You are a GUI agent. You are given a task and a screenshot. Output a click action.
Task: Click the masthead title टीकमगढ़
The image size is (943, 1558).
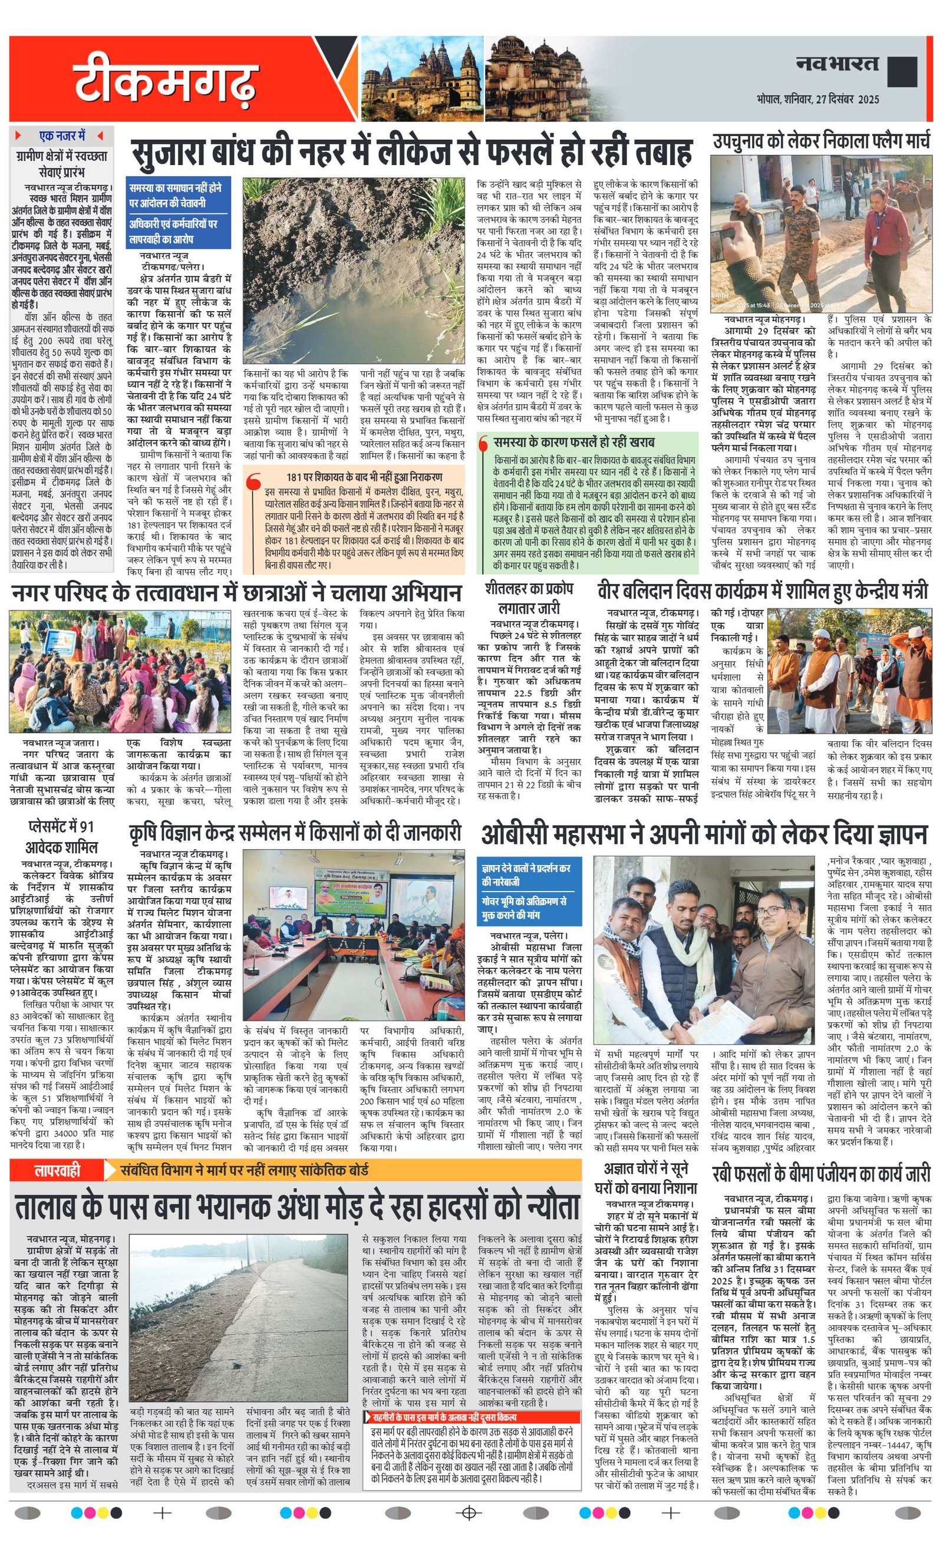coord(166,81)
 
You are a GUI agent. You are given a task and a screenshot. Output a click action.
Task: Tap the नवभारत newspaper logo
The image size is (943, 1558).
coord(837,64)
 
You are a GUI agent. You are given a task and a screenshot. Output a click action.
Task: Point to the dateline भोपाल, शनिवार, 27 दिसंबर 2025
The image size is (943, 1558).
coord(817,99)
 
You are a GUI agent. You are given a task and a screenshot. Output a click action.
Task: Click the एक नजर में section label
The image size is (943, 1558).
coord(61,136)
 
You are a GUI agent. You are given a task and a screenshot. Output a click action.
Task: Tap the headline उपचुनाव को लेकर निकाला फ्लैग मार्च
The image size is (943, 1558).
coord(822,141)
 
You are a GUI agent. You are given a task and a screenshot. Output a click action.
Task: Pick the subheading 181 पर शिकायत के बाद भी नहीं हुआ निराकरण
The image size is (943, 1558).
coord(364,477)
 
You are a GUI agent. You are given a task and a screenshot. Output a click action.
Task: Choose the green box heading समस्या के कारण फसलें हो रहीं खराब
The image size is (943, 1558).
coord(573,442)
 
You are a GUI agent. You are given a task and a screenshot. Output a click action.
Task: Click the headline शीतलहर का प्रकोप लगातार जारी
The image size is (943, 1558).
coord(529,598)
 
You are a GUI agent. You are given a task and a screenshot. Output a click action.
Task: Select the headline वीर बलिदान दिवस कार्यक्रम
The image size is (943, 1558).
coord(762,592)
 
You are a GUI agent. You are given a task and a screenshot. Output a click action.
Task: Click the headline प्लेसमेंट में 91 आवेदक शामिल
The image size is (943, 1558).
coord(61,837)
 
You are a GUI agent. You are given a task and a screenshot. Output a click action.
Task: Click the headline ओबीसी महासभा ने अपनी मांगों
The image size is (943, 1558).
coord(704,834)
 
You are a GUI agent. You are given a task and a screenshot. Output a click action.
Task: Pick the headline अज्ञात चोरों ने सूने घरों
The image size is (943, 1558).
coord(649,1177)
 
